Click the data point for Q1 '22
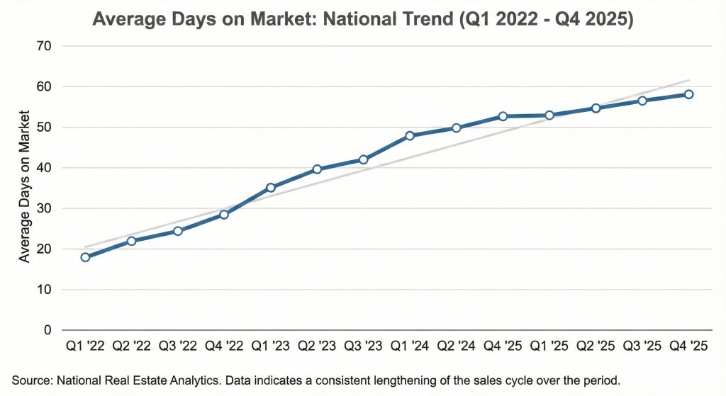coord(85,257)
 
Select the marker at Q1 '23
coord(271,188)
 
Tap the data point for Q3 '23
coord(364,159)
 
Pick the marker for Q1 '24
coord(410,135)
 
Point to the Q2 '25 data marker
coord(596,108)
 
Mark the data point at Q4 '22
coord(224,214)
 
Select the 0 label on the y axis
coord(48,330)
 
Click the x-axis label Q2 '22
coord(132,346)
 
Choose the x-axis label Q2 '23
coord(317,346)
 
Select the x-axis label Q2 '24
coord(456,346)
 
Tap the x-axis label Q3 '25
coord(642,346)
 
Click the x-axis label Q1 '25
coord(549,346)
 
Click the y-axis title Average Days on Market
coord(25,186)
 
